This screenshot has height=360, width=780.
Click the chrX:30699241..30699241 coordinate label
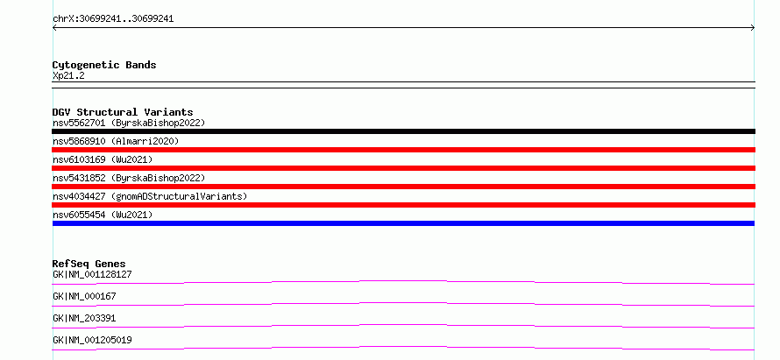pyautogui.click(x=113, y=19)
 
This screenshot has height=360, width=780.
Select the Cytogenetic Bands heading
pyautogui.click(x=104, y=65)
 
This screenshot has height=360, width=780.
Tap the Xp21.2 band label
pyautogui.click(x=68, y=75)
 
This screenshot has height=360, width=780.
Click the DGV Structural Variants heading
pyautogui.click(x=123, y=112)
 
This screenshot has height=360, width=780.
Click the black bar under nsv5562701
pyautogui.click(x=403, y=131)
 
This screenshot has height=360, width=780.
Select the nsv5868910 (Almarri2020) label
pyautogui.click(x=116, y=141)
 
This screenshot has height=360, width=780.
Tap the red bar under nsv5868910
pyautogui.click(x=403, y=150)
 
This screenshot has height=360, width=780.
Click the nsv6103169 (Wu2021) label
pyautogui.click(x=103, y=159)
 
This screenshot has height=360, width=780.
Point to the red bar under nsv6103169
pyautogui.click(x=403, y=168)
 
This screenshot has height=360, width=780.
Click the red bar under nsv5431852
pyautogui.click(x=403, y=187)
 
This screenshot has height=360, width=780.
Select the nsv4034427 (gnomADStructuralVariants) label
pyautogui.click(x=150, y=196)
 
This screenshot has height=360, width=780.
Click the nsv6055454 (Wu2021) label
pyautogui.click(x=103, y=215)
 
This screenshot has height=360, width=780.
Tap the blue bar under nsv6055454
pyautogui.click(x=403, y=223)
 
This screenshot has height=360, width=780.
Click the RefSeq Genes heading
pyautogui.click(x=89, y=264)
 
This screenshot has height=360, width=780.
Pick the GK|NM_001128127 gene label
pyautogui.click(x=92, y=274)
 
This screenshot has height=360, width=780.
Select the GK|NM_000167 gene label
pyautogui.click(x=84, y=296)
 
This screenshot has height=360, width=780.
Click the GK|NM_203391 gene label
pyautogui.click(x=84, y=318)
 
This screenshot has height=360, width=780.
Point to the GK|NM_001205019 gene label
pyautogui.click(x=92, y=340)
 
